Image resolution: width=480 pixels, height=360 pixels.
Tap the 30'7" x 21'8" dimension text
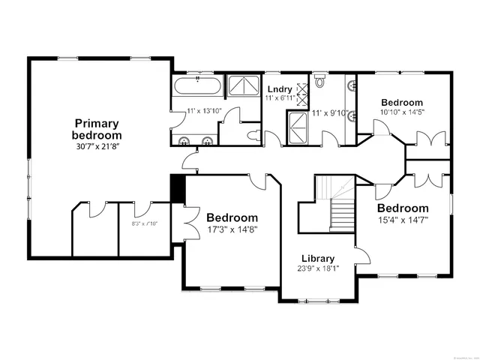tap(96, 146)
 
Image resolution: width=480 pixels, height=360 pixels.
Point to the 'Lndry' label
tap(279, 90)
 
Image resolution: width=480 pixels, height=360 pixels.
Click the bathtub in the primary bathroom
tap(198, 87)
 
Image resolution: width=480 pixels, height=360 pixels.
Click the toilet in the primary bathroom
tap(251, 136)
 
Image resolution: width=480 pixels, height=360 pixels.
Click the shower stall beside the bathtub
tap(241, 86)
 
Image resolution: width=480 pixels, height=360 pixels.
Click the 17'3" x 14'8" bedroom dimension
tap(232, 229)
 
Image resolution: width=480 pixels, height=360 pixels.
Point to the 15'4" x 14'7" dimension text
tap(402, 220)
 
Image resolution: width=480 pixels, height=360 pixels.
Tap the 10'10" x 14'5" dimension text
tap(402, 113)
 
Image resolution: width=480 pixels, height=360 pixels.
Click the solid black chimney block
tap(178, 188)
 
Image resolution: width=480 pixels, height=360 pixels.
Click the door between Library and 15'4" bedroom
tap(363, 256)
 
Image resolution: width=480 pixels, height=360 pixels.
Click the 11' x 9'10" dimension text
tap(330, 113)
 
